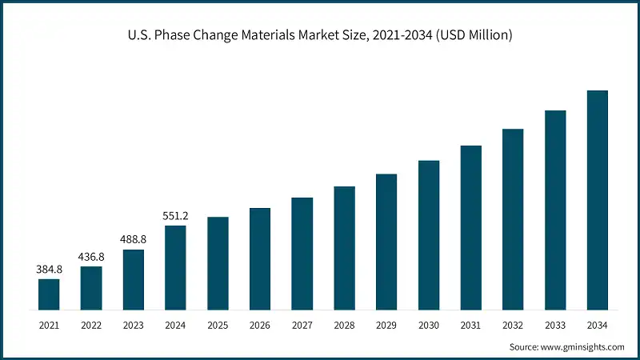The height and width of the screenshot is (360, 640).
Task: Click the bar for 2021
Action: point(49,294)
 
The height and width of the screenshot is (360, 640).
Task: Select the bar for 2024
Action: point(175,268)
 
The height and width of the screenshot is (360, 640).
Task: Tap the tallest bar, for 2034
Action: point(598,200)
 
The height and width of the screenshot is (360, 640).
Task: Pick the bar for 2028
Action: point(344,248)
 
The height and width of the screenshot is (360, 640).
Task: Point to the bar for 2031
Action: point(471,228)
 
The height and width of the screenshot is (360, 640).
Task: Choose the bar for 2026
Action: point(260,259)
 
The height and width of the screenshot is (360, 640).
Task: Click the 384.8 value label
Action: point(49,269)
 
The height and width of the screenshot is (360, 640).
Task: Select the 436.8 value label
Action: point(91,257)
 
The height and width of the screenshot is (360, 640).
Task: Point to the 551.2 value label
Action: point(175,216)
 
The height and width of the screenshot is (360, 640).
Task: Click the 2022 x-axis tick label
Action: point(91,326)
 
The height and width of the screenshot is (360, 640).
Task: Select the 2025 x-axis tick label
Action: point(218,326)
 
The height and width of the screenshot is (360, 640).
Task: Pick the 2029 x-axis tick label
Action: point(386,326)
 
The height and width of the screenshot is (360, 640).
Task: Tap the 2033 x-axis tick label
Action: point(555,326)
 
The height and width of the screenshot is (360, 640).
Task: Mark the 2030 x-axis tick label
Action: point(429,326)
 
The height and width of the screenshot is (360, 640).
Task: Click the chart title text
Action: point(320,34)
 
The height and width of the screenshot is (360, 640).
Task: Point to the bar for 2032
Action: point(513,219)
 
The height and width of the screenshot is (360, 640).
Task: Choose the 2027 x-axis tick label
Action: point(302,326)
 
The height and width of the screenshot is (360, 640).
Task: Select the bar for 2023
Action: point(133,280)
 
